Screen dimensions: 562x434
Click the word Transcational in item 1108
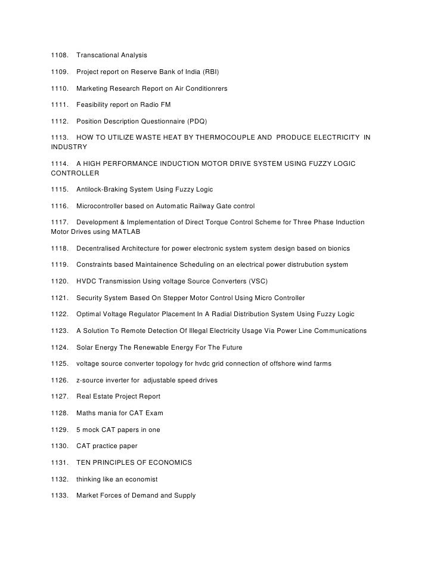coord(98,55)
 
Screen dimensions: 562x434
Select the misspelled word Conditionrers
coord(203,88)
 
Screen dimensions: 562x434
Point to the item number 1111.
coord(60,104)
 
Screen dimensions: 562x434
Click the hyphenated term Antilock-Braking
coord(106,189)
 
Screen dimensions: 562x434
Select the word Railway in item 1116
coord(203,206)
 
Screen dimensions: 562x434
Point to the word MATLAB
coord(125,231)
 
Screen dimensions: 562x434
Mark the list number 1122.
coord(60,314)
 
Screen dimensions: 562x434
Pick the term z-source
coord(92,380)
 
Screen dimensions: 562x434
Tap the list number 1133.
coord(60,495)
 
